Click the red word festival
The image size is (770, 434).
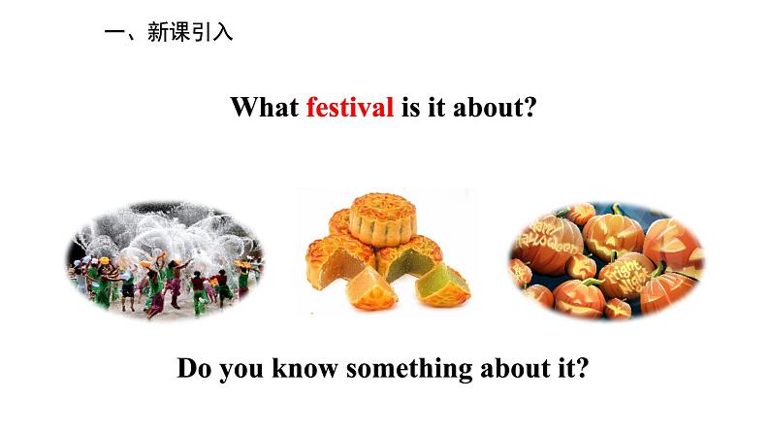click(350, 107)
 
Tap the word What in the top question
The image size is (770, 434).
click(264, 107)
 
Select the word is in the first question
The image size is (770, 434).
click(410, 107)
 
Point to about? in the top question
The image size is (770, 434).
click(494, 107)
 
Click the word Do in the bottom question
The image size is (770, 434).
click(195, 368)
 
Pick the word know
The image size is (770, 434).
click(305, 368)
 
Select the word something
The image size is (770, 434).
click(409, 369)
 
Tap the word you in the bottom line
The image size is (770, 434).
click(241, 370)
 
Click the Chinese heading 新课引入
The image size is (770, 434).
click(190, 32)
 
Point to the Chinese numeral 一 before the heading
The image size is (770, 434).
click(114, 33)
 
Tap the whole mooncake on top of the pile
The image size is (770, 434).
click(383, 219)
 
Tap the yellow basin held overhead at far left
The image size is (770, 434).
click(104, 259)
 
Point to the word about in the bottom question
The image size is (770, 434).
click(515, 368)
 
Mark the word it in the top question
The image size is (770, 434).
click(436, 107)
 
